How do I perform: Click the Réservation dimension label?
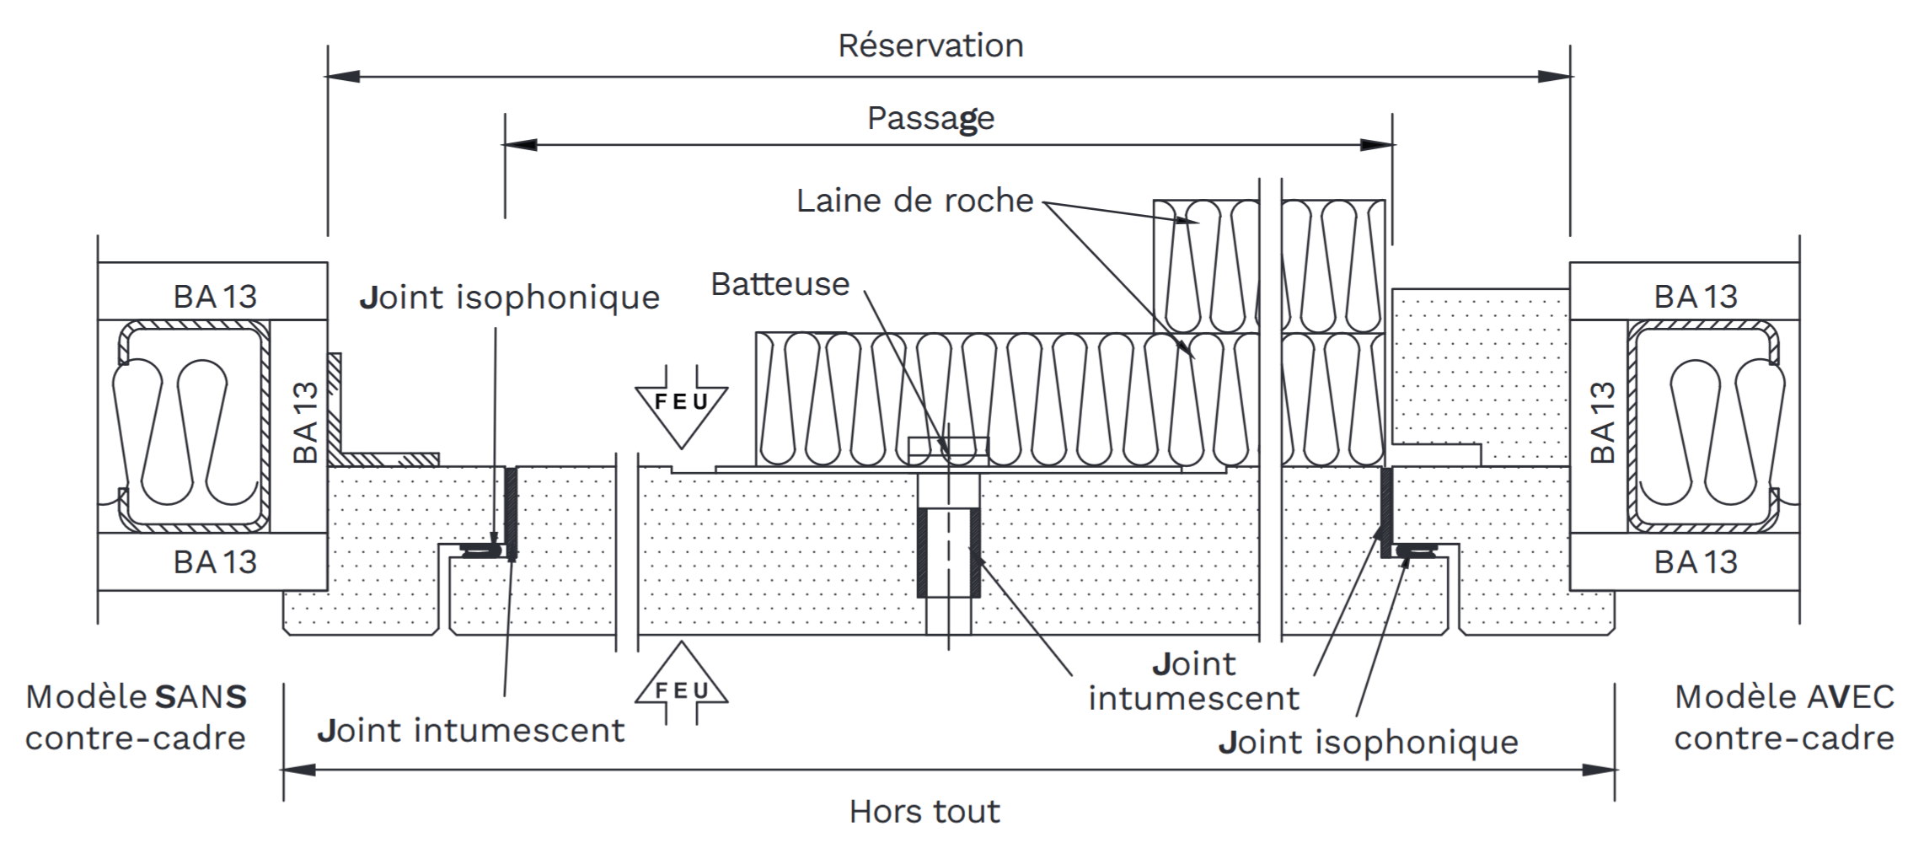[x=930, y=46]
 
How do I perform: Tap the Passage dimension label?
[x=930, y=119]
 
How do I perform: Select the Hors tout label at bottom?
[x=924, y=812]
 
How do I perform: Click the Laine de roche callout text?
[x=914, y=201]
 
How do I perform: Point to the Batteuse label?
[x=780, y=284]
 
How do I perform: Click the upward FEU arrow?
[x=681, y=684]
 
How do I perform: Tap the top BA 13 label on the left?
[x=215, y=297]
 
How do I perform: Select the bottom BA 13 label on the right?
[x=1696, y=562]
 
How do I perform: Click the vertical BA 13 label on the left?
[x=306, y=422]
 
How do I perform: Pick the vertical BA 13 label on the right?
[x=1602, y=422]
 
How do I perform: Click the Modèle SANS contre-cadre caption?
[x=136, y=717]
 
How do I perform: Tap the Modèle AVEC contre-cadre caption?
[x=1784, y=717]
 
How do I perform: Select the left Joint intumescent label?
[x=471, y=731]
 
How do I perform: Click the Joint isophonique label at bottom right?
[x=1368, y=743]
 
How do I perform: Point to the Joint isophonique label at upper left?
[x=509, y=298]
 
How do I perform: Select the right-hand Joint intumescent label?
[x=1193, y=681]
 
